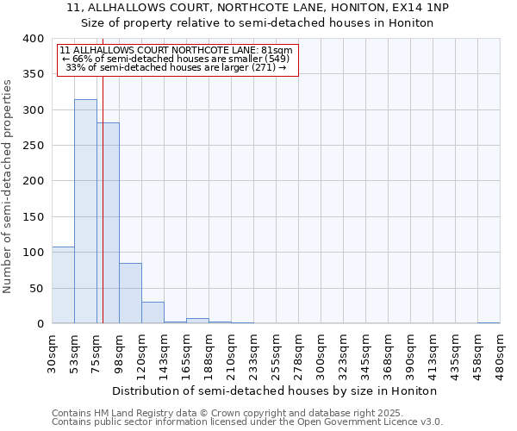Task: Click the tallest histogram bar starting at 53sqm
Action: (x=85, y=211)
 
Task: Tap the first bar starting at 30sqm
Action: (x=63, y=285)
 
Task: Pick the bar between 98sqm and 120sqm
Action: (x=130, y=293)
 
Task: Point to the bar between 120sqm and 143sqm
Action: (x=153, y=313)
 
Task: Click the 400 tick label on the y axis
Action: (x=34, y=39)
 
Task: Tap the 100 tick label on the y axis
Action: (x=34, y=253)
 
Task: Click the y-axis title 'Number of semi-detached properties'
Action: (x=9, y=185)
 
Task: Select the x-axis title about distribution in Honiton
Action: (x=275, y=390)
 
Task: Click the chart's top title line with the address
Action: (x=258, y=8)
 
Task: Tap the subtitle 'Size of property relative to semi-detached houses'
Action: (x=258, y=22)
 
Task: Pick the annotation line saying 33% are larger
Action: (x=176, y=67)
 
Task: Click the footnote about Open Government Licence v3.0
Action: (x=247, y=422)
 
